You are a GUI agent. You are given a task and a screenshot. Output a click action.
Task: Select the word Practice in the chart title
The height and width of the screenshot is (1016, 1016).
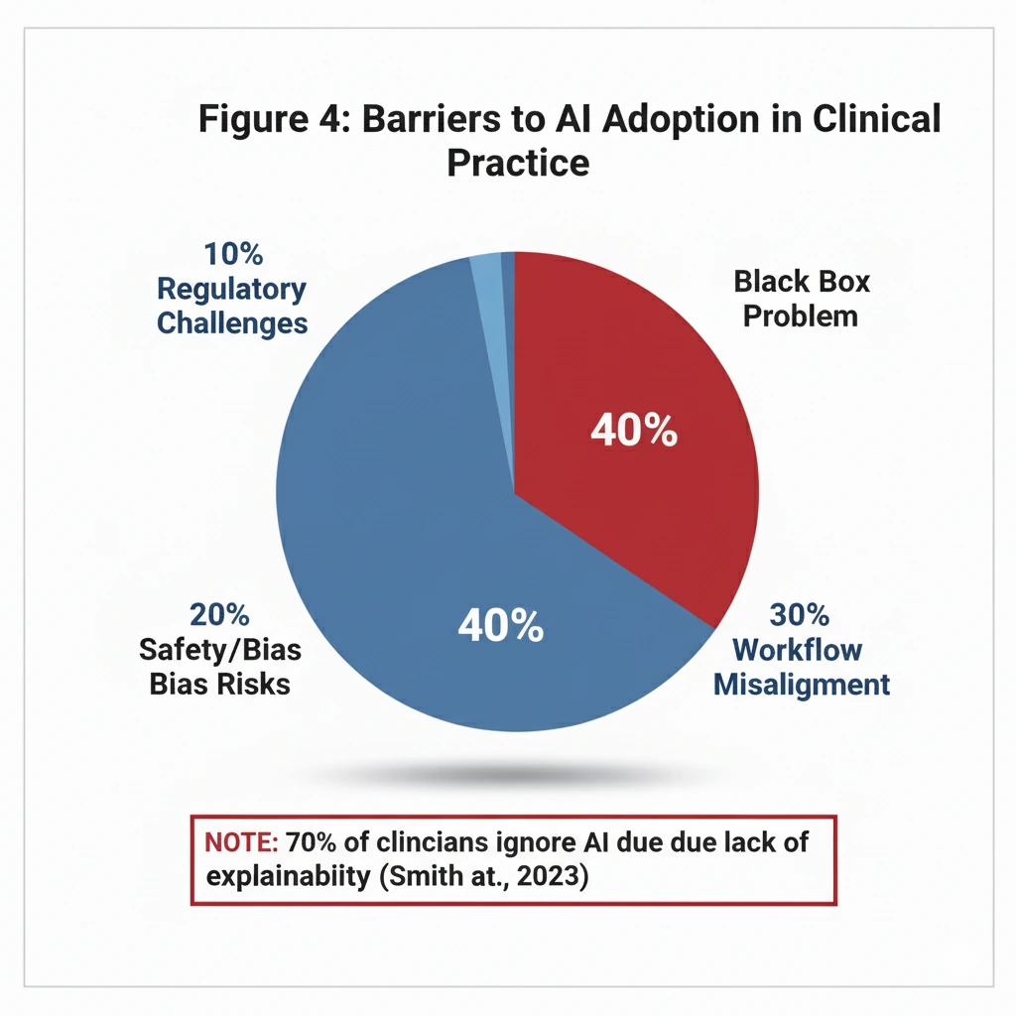pyautogui.click(x=518, y=161)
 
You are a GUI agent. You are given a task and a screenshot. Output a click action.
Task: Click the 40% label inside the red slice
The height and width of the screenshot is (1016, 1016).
pyautogui.click(x=634, y=432)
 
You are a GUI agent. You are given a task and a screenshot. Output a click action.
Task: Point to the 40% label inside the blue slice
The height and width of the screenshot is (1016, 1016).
pyautogui.click(x=500, y=626)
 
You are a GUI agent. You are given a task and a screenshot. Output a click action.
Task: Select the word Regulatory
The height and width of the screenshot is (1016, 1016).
pyautogui.click(x=232, y=290)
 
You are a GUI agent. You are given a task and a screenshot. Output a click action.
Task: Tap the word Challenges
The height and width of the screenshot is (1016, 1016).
pyautogui.click(x=232, y=323)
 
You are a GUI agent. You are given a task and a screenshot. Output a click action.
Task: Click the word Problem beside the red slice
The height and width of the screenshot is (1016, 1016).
pyautogui.click(x=801, y=317)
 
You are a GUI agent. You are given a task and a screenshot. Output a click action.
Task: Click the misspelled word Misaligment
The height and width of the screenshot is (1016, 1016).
pyautogui.click(x=802, y=685)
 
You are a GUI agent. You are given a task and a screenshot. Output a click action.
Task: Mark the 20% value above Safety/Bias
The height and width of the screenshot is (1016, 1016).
pyautogui.click(x=220, y=615)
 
